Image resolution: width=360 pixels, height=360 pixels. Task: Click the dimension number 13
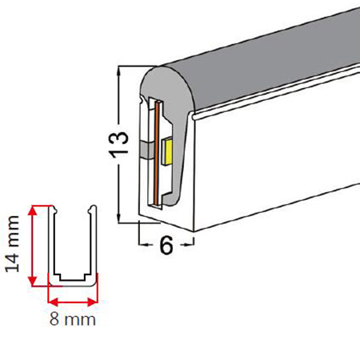pyautogui.click(x=118, y=145)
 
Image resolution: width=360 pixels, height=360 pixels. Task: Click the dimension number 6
pyautogui.click(x=166, y=246)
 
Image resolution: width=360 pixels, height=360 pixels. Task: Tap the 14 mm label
pyautogui.click(x=13, y=244)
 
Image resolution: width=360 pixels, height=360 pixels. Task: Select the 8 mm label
pyautogui.click(x=73, y=319)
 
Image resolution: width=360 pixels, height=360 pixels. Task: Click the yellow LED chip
pyautogui.click(x=167, y=150)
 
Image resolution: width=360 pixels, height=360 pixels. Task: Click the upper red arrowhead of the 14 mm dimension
pyautogui.click(x=32, y=210)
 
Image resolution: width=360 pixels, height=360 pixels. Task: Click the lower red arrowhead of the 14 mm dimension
pyautogui.click(x=32, y=281)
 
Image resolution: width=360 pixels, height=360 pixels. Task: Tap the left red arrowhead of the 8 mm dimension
pyautogui.click(x=54, y=302)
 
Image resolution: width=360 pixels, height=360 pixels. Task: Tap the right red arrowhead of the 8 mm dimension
pyautogui.click(x=92, y=302)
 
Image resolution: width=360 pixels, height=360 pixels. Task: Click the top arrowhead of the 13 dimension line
pyautogui.click(x=118, y=70)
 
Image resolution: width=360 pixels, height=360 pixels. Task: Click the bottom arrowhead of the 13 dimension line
pyautogui.click(x=118, y=218)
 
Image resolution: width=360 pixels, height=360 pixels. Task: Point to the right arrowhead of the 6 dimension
pyautogui.click(x=190, y=244)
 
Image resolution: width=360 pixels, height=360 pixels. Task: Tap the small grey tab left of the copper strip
pyautogui.click(x=146, y=150)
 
